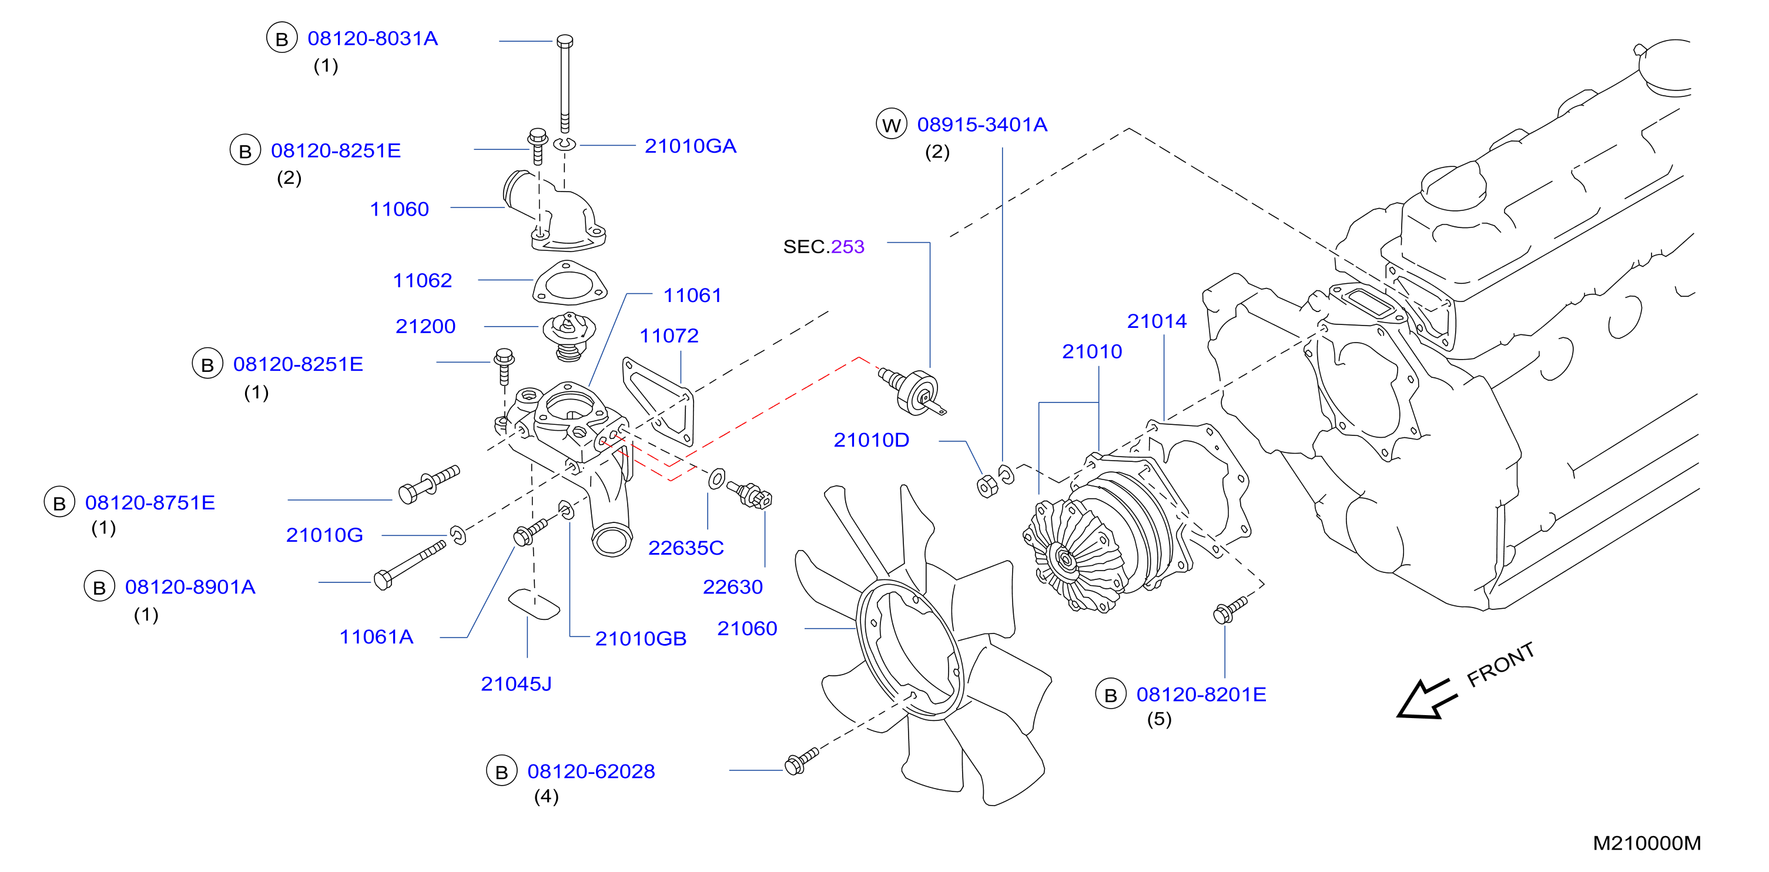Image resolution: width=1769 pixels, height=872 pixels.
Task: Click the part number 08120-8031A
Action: point(372,38)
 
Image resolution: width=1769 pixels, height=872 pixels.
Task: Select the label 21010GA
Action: point(690,146)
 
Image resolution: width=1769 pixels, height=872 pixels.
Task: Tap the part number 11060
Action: point(399,209)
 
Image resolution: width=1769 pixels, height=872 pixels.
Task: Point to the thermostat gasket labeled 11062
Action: point(569,283)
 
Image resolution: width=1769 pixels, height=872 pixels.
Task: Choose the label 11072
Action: point(669,335)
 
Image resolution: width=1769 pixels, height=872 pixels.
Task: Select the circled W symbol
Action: point(892,124)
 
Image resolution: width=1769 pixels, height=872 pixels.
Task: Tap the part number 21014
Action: point(1157,321)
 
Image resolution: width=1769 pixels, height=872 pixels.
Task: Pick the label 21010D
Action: point(871,440)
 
